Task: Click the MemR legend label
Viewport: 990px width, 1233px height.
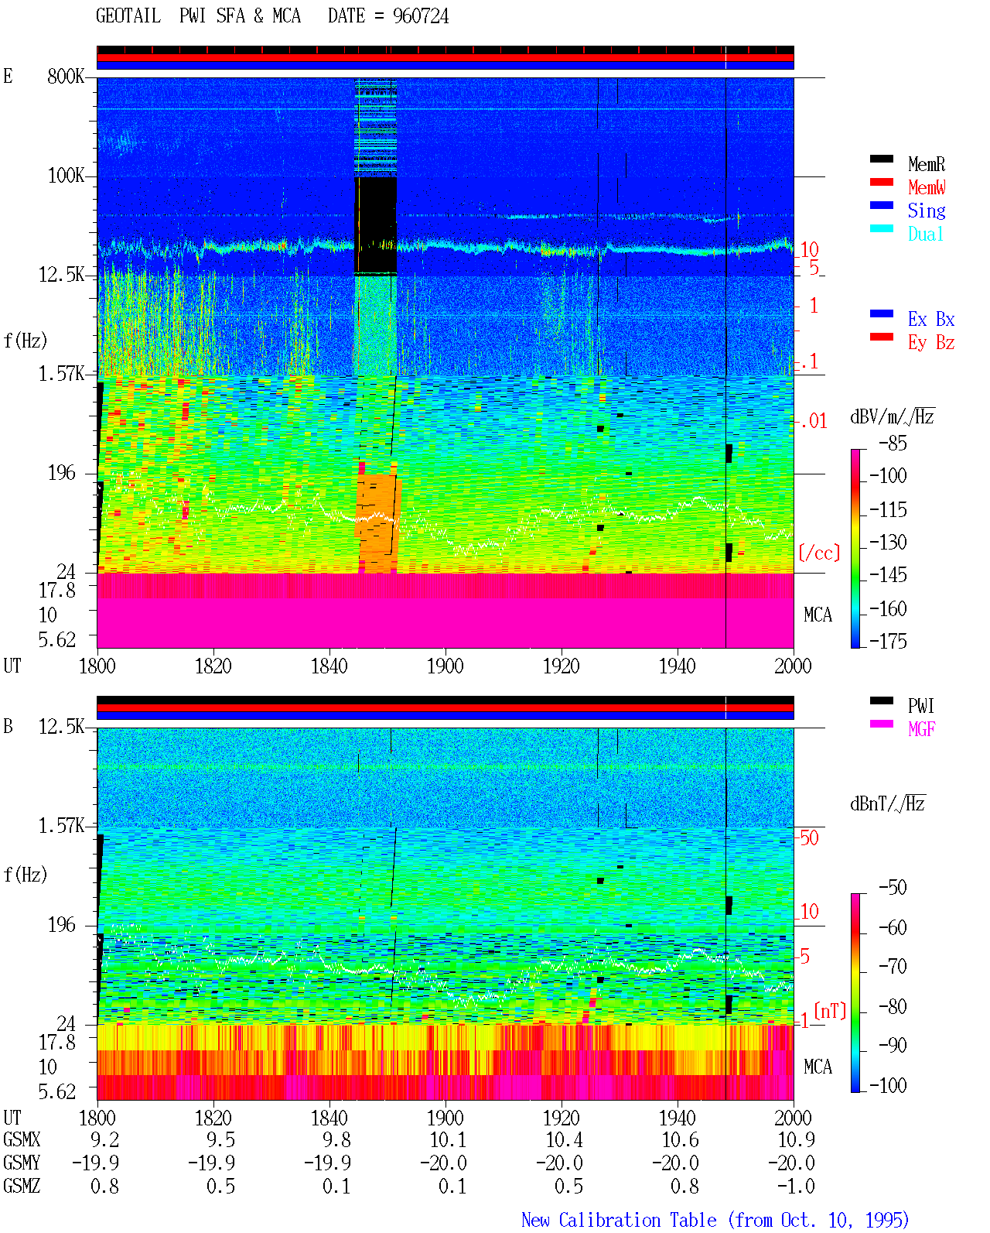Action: click(926, 164)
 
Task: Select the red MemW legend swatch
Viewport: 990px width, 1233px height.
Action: click(881, 182)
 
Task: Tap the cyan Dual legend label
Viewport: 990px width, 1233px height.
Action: click(925, 234)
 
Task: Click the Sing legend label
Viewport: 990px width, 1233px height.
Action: click(926, 211)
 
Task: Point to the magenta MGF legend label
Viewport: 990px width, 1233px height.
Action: click(921, 729)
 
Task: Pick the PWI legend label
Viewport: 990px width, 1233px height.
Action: click(920, 705)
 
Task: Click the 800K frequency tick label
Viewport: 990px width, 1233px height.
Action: click(66, 76)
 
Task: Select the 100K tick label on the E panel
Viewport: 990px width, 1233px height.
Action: click(66, 176)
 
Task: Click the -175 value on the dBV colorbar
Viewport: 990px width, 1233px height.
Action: click(888, 641)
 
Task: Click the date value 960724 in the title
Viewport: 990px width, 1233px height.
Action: click(420, 16)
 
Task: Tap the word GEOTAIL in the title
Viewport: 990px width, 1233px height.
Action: click(128, 16)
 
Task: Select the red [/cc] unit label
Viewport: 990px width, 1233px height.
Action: click(819, 553)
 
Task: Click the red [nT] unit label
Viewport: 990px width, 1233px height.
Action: click(830, 1011)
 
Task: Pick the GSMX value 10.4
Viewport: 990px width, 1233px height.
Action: click(564, 1139)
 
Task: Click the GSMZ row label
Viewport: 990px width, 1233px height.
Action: click(22, 1186)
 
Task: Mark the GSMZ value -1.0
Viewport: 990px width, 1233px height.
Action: click(796, 1186)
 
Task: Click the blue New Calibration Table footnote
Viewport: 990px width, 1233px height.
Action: click(715, 1220)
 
